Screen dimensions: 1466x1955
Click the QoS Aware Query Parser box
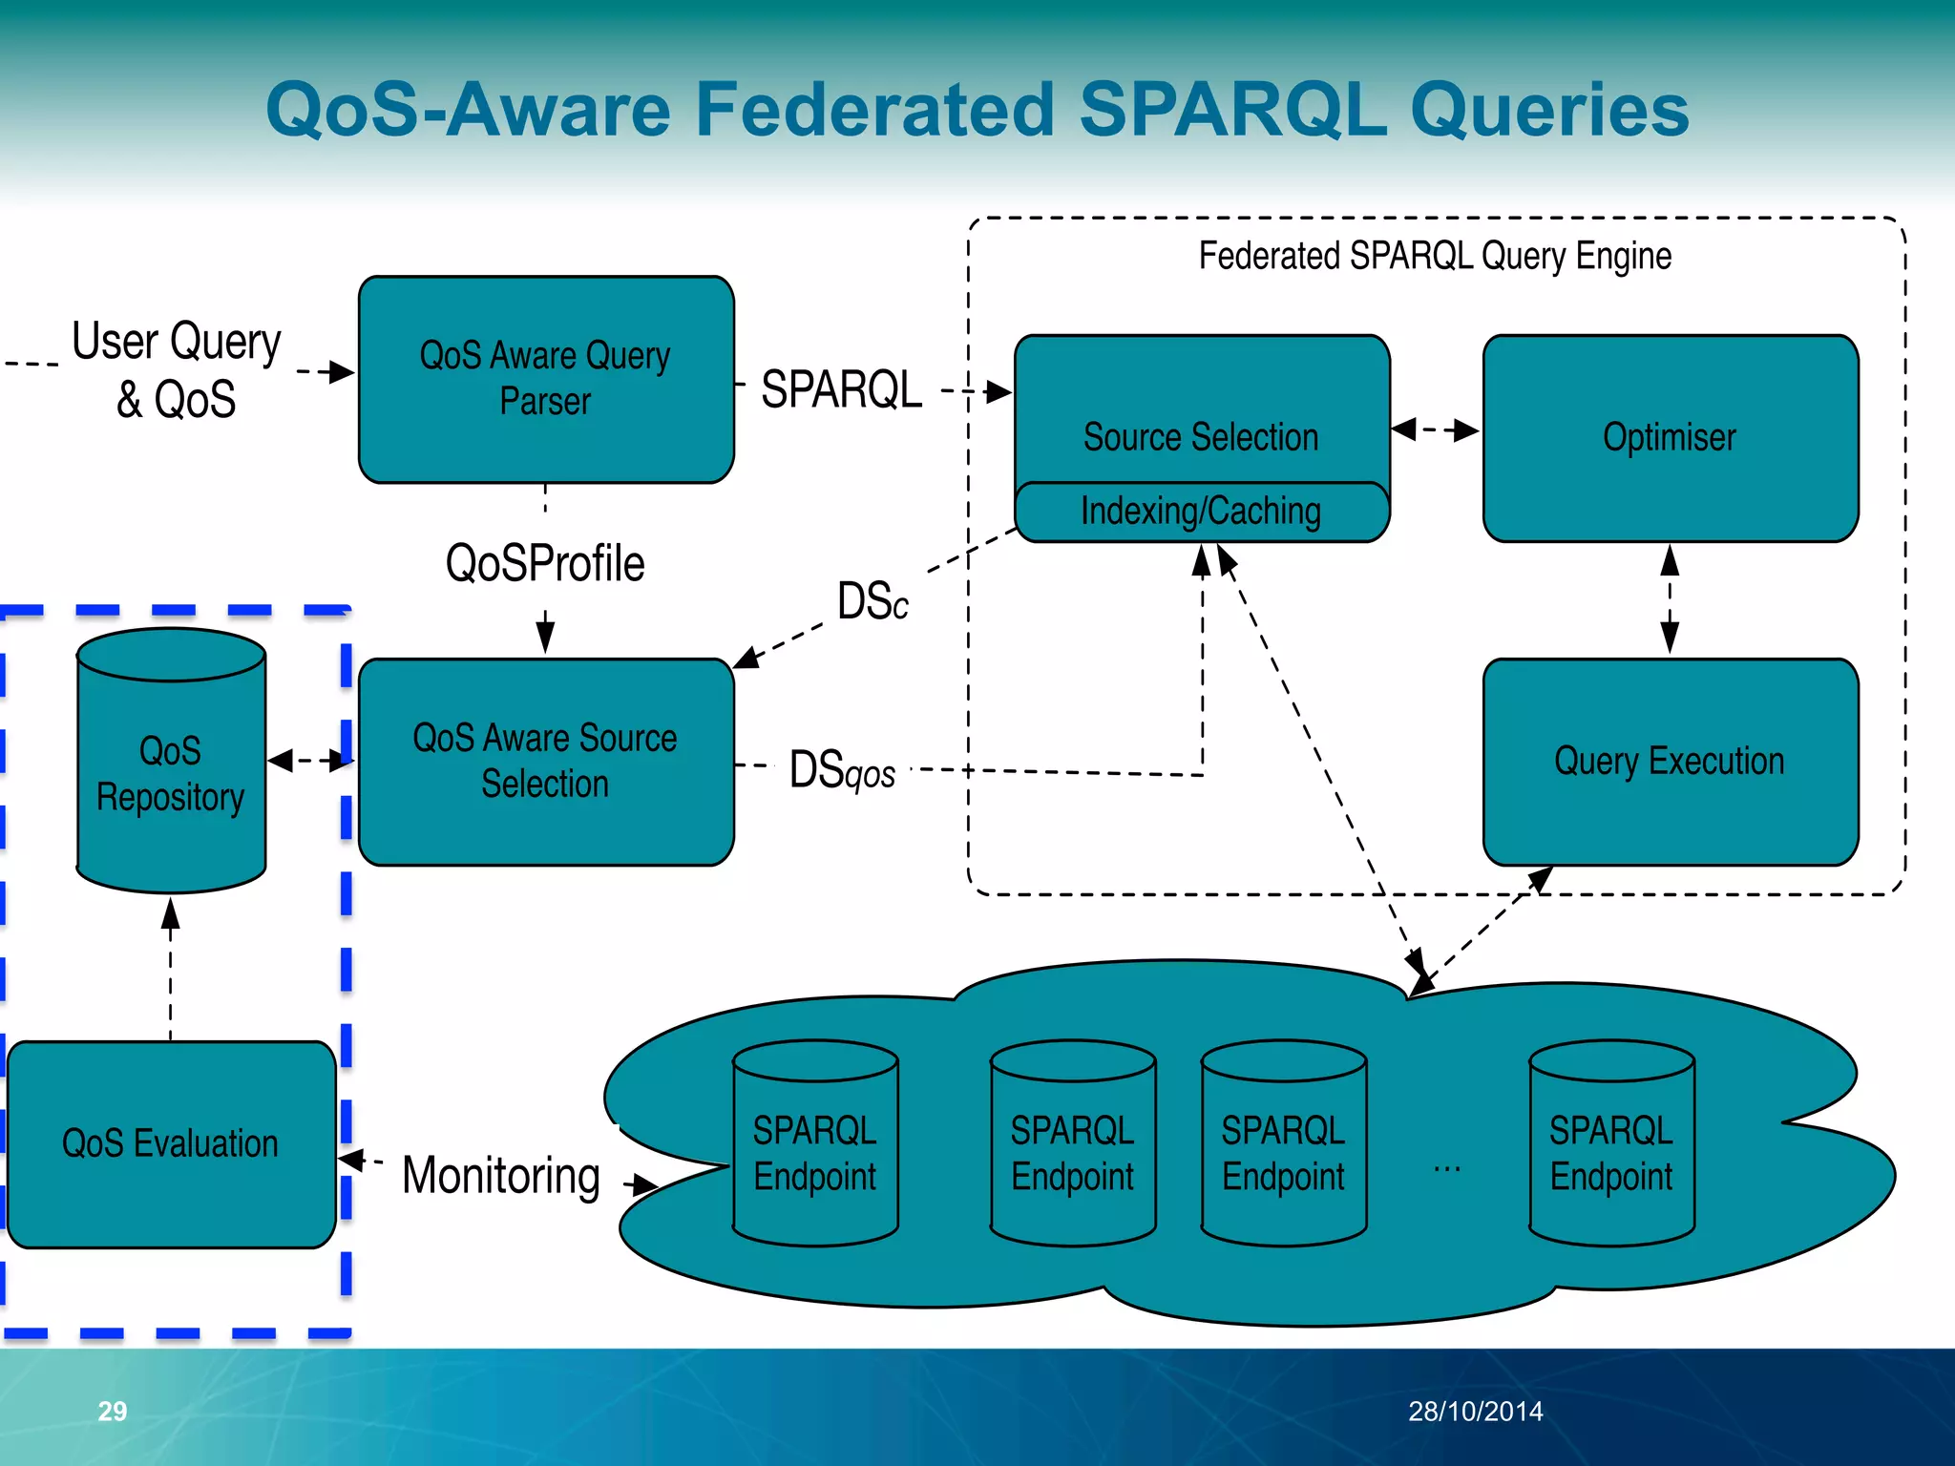point(545,379)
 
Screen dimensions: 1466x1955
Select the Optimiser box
point(1670,437)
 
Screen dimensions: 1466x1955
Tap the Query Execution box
point(1670,761)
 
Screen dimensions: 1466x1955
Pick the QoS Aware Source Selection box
point(545,761)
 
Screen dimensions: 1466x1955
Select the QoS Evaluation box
point(171,1143)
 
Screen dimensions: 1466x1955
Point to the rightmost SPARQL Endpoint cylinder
point(1611,1153)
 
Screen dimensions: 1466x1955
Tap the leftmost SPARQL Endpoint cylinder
point(814,1153)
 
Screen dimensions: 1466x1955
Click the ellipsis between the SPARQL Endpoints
point(1447,1169)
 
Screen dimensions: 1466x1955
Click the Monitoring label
point(501,1175)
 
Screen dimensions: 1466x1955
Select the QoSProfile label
point(545,563)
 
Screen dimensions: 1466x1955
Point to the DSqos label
point(842,769)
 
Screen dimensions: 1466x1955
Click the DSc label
point(872,601)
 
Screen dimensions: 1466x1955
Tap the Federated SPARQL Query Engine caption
point(1435,256)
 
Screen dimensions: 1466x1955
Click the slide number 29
point(113,1411)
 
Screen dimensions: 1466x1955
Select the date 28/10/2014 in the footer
point(1475,1411)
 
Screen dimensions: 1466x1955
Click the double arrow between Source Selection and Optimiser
point(1435,429)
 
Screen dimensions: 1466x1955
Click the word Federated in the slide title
point(874,109)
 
